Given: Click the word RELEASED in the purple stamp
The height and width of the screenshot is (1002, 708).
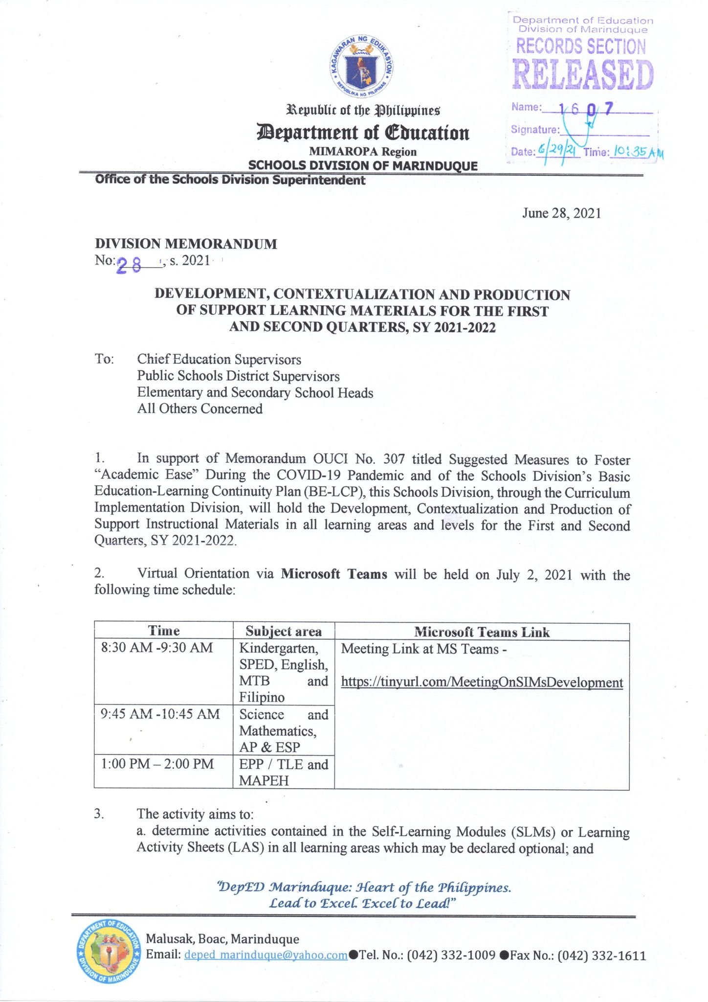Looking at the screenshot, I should pos(583,75).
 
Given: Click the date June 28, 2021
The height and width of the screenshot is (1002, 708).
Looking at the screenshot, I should pos(561,213).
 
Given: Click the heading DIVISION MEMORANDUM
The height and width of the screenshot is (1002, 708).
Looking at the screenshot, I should pos(186,244).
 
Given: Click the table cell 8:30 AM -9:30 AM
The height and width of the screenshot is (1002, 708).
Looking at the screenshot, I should pos(157,648).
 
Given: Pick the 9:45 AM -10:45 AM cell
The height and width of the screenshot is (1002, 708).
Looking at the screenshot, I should pos(160,714).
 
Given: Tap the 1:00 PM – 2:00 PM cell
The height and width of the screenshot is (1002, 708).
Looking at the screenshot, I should pos(157,764).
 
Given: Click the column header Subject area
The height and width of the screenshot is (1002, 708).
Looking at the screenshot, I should pos(284,631).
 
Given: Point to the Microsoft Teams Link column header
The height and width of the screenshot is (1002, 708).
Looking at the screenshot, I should pos(482,632).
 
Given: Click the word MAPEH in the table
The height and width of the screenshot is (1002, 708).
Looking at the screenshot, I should pos(264,780).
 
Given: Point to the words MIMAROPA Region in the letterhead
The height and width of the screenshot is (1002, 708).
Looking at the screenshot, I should pos(362,152).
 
